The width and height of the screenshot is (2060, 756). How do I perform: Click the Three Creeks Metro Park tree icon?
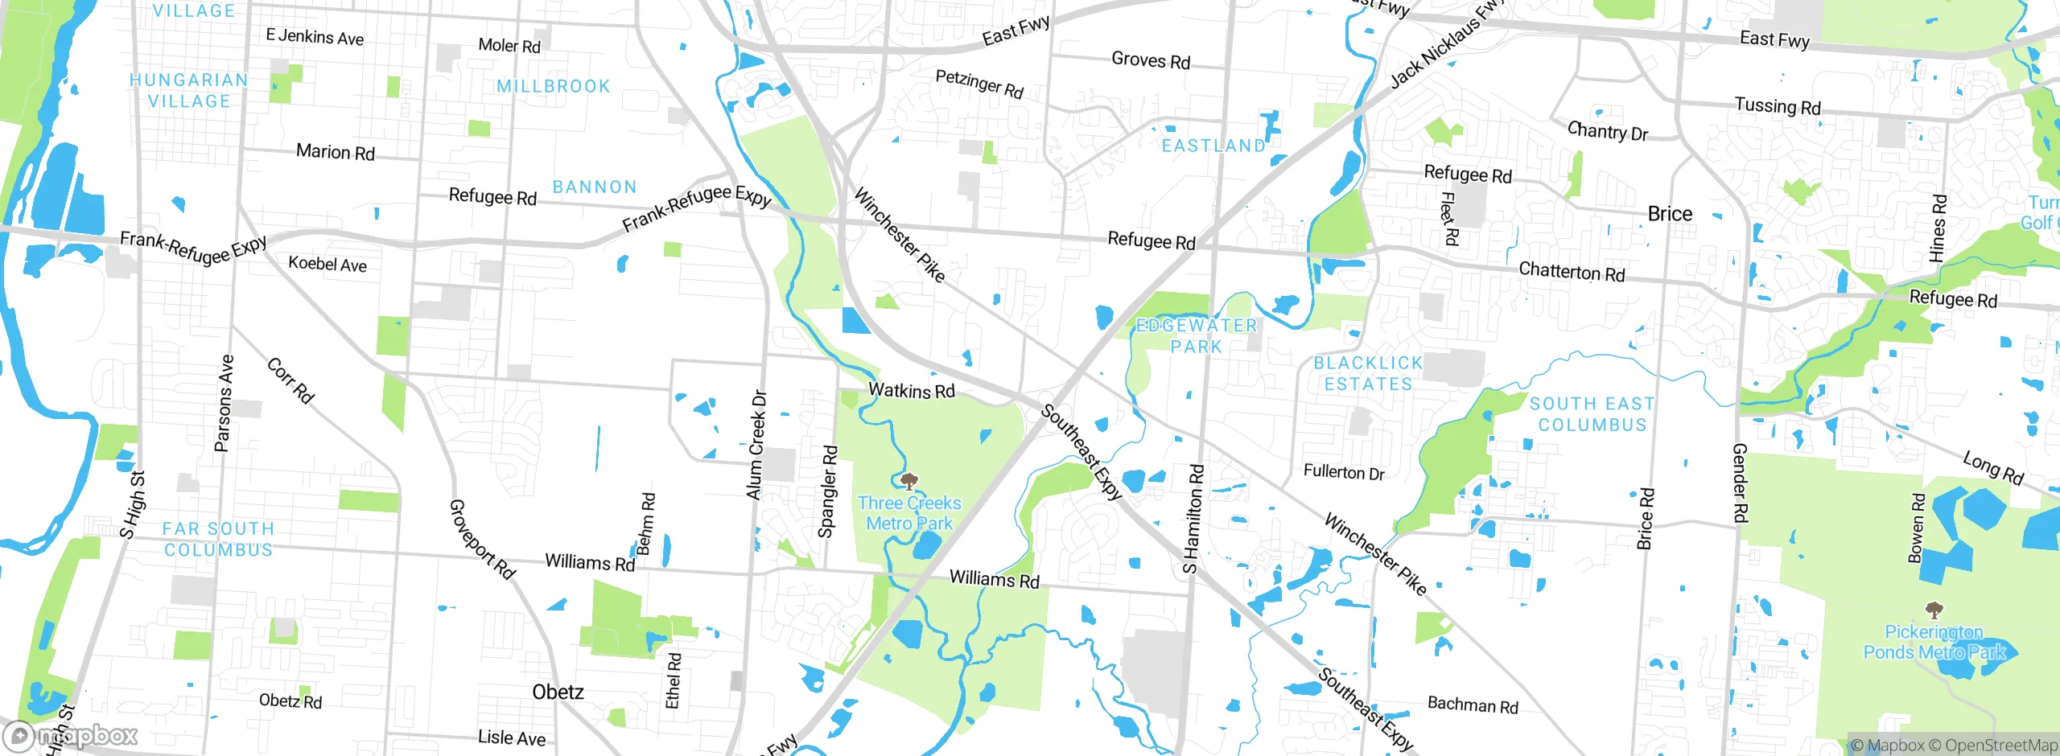click(x=908, y=482)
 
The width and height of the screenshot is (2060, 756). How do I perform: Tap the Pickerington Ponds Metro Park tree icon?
click(x=1934, y=610)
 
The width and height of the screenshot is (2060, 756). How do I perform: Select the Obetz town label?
click(x=558, y=692)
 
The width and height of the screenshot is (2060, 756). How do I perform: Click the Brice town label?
click(x=1670, y=214)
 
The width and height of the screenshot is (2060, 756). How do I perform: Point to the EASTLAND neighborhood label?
click(x=1213, y=146)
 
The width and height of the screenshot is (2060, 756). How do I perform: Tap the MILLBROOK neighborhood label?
click(x=554, y=86)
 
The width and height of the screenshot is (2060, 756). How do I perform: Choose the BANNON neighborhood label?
click(x=595, y=187)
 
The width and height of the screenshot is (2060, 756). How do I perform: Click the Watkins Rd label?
click(x=912, y=391)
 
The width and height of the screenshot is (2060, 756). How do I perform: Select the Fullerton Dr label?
click(x=1344, y=472)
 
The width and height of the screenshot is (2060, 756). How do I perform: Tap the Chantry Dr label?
click(x=1607, y=131)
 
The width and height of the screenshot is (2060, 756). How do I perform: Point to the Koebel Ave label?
click(x=328, y=264)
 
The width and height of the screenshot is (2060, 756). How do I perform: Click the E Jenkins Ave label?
click(x=315, y=37)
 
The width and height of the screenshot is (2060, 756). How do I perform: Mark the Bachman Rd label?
click(x=1473, y=705)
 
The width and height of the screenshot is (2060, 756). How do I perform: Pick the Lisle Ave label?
click(x=512, y=738)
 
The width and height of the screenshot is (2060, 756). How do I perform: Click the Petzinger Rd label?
click(x=979, y=84)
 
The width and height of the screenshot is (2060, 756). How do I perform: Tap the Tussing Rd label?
click(x=1778, y=106)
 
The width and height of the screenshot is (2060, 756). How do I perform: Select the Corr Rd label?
click(x=290, y=380)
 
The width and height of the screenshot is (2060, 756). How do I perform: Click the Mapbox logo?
click(x=71, y=735)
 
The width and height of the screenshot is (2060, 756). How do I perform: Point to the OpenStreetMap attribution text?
click(x=2000, y=746)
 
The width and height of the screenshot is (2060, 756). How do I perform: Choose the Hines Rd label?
click(x=1938, y=228)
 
